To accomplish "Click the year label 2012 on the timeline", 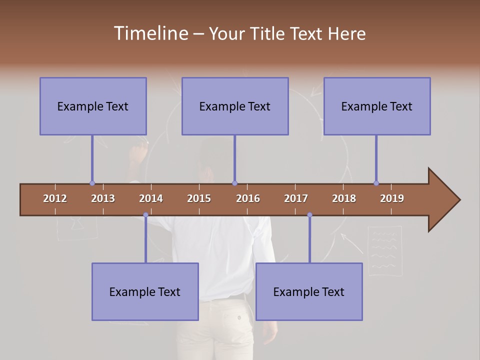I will click(55, 198).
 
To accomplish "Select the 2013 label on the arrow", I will click(103, 198).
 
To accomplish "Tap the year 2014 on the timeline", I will click(151, 198).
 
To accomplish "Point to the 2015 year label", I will click(199, 198).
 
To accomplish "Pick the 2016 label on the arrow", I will click(248, 198).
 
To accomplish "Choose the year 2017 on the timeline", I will click(296, 198).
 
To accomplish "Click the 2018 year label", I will click(344, 198).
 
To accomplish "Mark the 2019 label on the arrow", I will click(392, 198).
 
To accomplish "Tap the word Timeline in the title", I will click(150, 33).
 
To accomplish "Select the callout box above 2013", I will click(93, 106).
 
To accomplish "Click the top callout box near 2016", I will click(235, 106).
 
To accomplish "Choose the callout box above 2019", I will click(377, 106).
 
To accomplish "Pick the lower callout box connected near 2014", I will click(145, 291).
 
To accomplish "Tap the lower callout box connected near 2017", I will click(309, 291).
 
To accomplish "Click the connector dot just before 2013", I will click(92, 183).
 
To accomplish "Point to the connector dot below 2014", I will click(145, 215).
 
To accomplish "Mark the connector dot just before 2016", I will click(234, 183).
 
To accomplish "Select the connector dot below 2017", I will click(309, 215).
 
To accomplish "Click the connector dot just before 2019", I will click(376, 183).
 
